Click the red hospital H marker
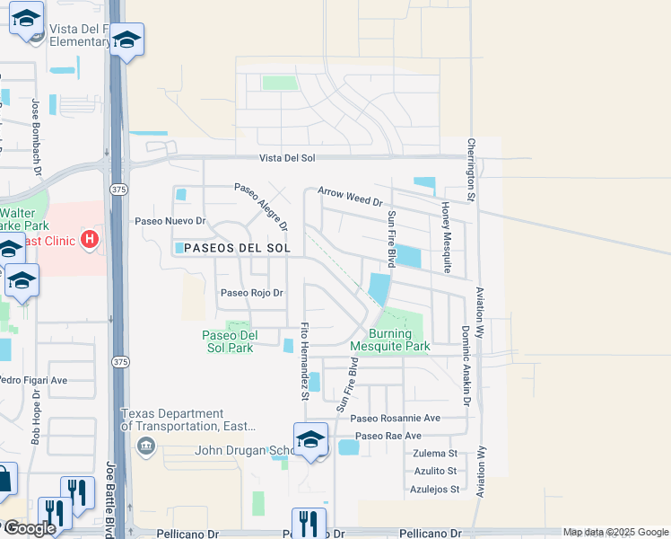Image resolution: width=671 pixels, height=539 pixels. point(90,240)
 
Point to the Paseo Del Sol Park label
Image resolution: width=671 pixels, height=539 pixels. point(229,341)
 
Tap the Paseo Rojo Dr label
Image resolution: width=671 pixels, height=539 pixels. point(252,293)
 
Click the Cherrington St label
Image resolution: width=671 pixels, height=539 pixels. point(470,168)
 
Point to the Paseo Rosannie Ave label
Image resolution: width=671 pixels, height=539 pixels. point(396,418)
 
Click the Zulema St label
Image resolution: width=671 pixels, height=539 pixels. point(436,454)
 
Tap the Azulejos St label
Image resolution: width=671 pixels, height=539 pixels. point(436,490)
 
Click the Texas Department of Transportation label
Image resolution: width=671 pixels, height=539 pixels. point(188,420)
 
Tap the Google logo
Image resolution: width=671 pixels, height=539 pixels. point(30,529)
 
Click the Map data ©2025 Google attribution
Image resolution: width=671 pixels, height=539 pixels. point(615,532)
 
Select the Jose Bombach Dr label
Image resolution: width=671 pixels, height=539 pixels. point(37,136)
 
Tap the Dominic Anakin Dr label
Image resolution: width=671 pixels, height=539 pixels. point(466,366)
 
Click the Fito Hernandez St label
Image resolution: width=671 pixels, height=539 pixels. point(306,361)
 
